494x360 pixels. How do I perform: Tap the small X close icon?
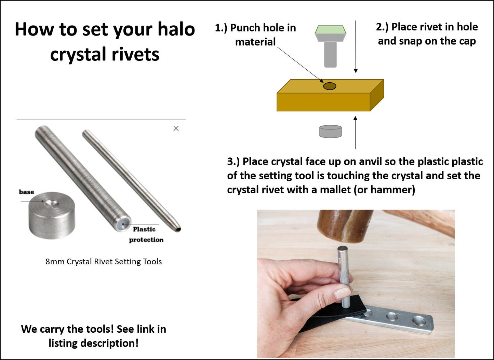[x=176, y=128]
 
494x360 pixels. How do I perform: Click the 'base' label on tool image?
[x=26, y=192]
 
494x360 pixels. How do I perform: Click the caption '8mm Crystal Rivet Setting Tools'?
[x=104, y=262]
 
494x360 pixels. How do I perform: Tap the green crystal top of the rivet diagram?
[x=330, y=30]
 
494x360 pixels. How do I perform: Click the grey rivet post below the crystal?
[x=330, y=54]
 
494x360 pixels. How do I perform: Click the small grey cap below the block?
[x=330, y=131]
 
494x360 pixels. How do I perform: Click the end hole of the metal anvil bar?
[x=419, y=321]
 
